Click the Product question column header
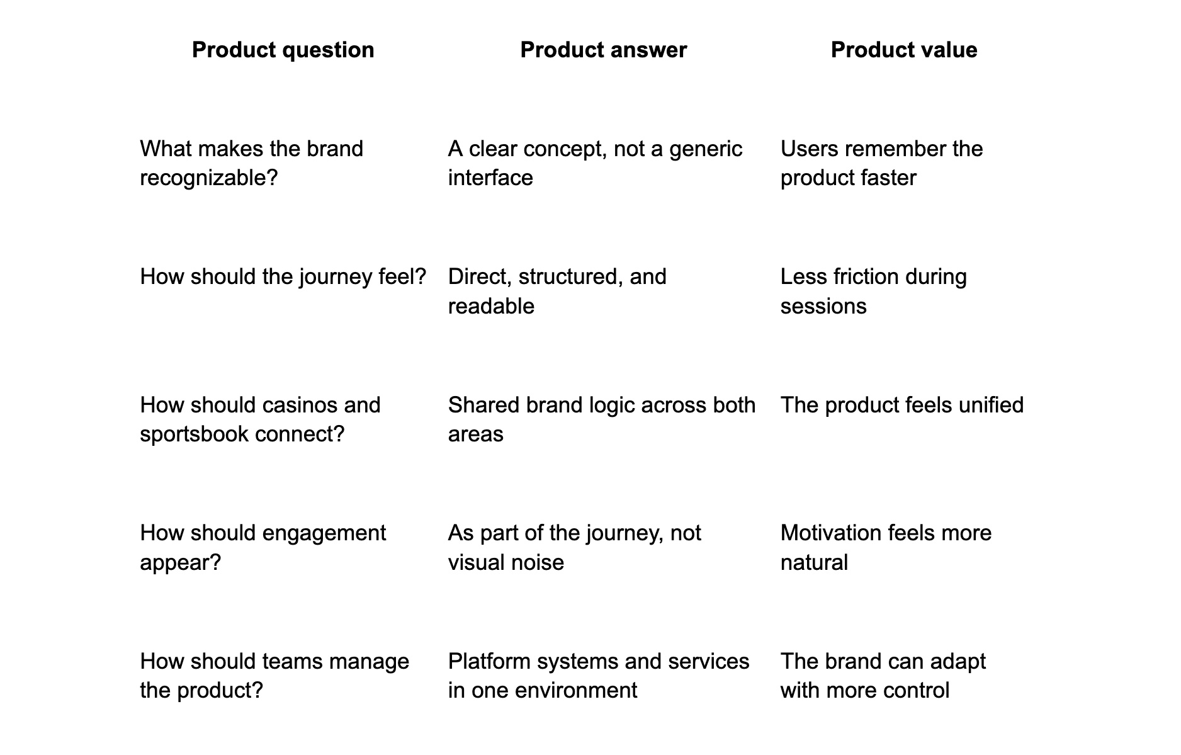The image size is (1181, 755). pos(283,50)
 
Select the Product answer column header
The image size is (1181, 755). pos(603,50)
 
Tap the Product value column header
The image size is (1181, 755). pos(904,50)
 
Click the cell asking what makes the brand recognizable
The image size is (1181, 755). pos(252,163)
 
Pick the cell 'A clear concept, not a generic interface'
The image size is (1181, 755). pos(596,163)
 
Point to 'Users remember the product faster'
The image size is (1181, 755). pos(881,163)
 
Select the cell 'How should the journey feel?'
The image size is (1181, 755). pos(283,276)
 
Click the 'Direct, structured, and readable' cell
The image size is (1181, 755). pos(557,291)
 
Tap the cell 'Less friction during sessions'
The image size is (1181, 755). pos(873,291)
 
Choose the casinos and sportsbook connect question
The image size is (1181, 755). pos(260,419)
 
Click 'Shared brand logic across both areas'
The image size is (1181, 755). pos(602,419)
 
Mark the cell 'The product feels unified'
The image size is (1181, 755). pos(902,405)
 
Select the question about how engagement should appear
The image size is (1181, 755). pos(263,547)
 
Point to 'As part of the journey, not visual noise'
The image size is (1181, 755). pos(574,547)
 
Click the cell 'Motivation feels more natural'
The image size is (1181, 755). pos(886,547)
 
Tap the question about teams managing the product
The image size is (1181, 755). pos(274,676)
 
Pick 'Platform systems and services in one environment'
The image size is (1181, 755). pos(599,676)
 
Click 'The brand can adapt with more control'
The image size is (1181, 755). pos(883,676)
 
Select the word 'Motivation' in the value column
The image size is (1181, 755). pos(830,533)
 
